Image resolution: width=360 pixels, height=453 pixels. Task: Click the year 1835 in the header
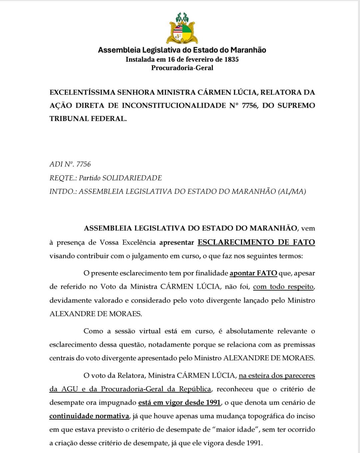(x=231, y=59)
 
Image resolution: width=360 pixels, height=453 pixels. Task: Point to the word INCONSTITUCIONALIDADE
(x=174, y=105)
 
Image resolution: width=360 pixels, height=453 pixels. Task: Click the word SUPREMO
(x=296, y=105)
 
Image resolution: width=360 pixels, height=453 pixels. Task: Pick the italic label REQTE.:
(x=63, y=178)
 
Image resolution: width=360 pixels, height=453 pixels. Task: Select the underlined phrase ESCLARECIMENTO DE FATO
(x=256, y=242)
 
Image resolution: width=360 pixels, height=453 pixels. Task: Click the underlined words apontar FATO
(x=253, y=273)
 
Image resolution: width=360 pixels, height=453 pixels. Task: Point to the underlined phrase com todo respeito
(x=283, y=287)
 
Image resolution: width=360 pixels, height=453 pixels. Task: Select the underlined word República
(x=195, y=389)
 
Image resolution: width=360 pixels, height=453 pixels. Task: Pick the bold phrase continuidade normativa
(x=89, y=416)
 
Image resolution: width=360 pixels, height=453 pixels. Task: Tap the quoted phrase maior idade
(x=237, y=429)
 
